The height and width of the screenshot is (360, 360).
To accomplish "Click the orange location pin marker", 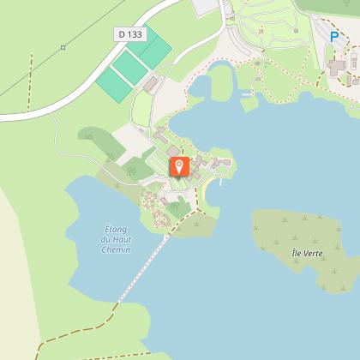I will (x=179, y=165).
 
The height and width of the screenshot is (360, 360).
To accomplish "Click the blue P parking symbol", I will (x=334, y=38).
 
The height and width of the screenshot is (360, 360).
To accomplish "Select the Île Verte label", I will (x=306, y=254).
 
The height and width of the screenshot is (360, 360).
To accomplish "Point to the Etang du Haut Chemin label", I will (x=116, y=239).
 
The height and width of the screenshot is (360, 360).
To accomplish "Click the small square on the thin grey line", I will (x=63, y=46).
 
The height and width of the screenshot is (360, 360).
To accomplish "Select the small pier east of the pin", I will (x=222, y=179).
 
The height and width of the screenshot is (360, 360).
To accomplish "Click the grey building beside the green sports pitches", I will (x=152, y=83).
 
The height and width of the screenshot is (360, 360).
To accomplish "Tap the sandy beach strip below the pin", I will (x=203, y=195).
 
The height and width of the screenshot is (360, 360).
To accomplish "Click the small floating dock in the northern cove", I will (x=247, y=93).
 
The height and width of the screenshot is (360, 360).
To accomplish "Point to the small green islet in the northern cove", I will (x=249, y=104).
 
